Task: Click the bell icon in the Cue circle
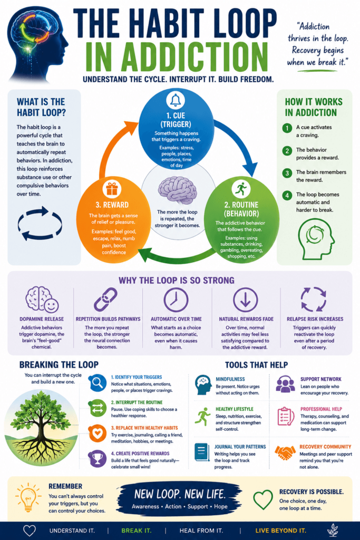pyautogui.click(x=176, y=100)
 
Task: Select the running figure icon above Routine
pyautogui.click(x=241, y=189)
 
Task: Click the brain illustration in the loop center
pyautogui.click(x=177, y=190)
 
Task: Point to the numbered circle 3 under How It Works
pyautogui.click(x=287, y=173)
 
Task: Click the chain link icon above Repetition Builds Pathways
pyautogui.click(x=105, y=300)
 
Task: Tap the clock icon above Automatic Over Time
pyautogui.click(x=176, y=300)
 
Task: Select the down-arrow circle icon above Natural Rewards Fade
pyautogui.click(x=246, y=300)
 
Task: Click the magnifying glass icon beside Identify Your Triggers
pyautogui.click(x=98, y=383)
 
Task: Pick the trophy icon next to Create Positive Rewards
pyautogui.click(x=98, y=458)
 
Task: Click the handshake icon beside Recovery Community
pyautogui.click(x=285, y=452)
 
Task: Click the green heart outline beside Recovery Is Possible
pyautogui.click(x=263, y=500)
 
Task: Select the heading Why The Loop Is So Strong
pyautogui.click(x=177, y=281)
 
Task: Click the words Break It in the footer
pyautogui.click(x=137, y=531)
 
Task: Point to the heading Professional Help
pyautogui.click(x=321, y=409)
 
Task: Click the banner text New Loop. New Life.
pyautogui.click(x=180, y=494)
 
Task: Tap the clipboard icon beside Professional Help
pyautogui.click(x=285, y=416)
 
